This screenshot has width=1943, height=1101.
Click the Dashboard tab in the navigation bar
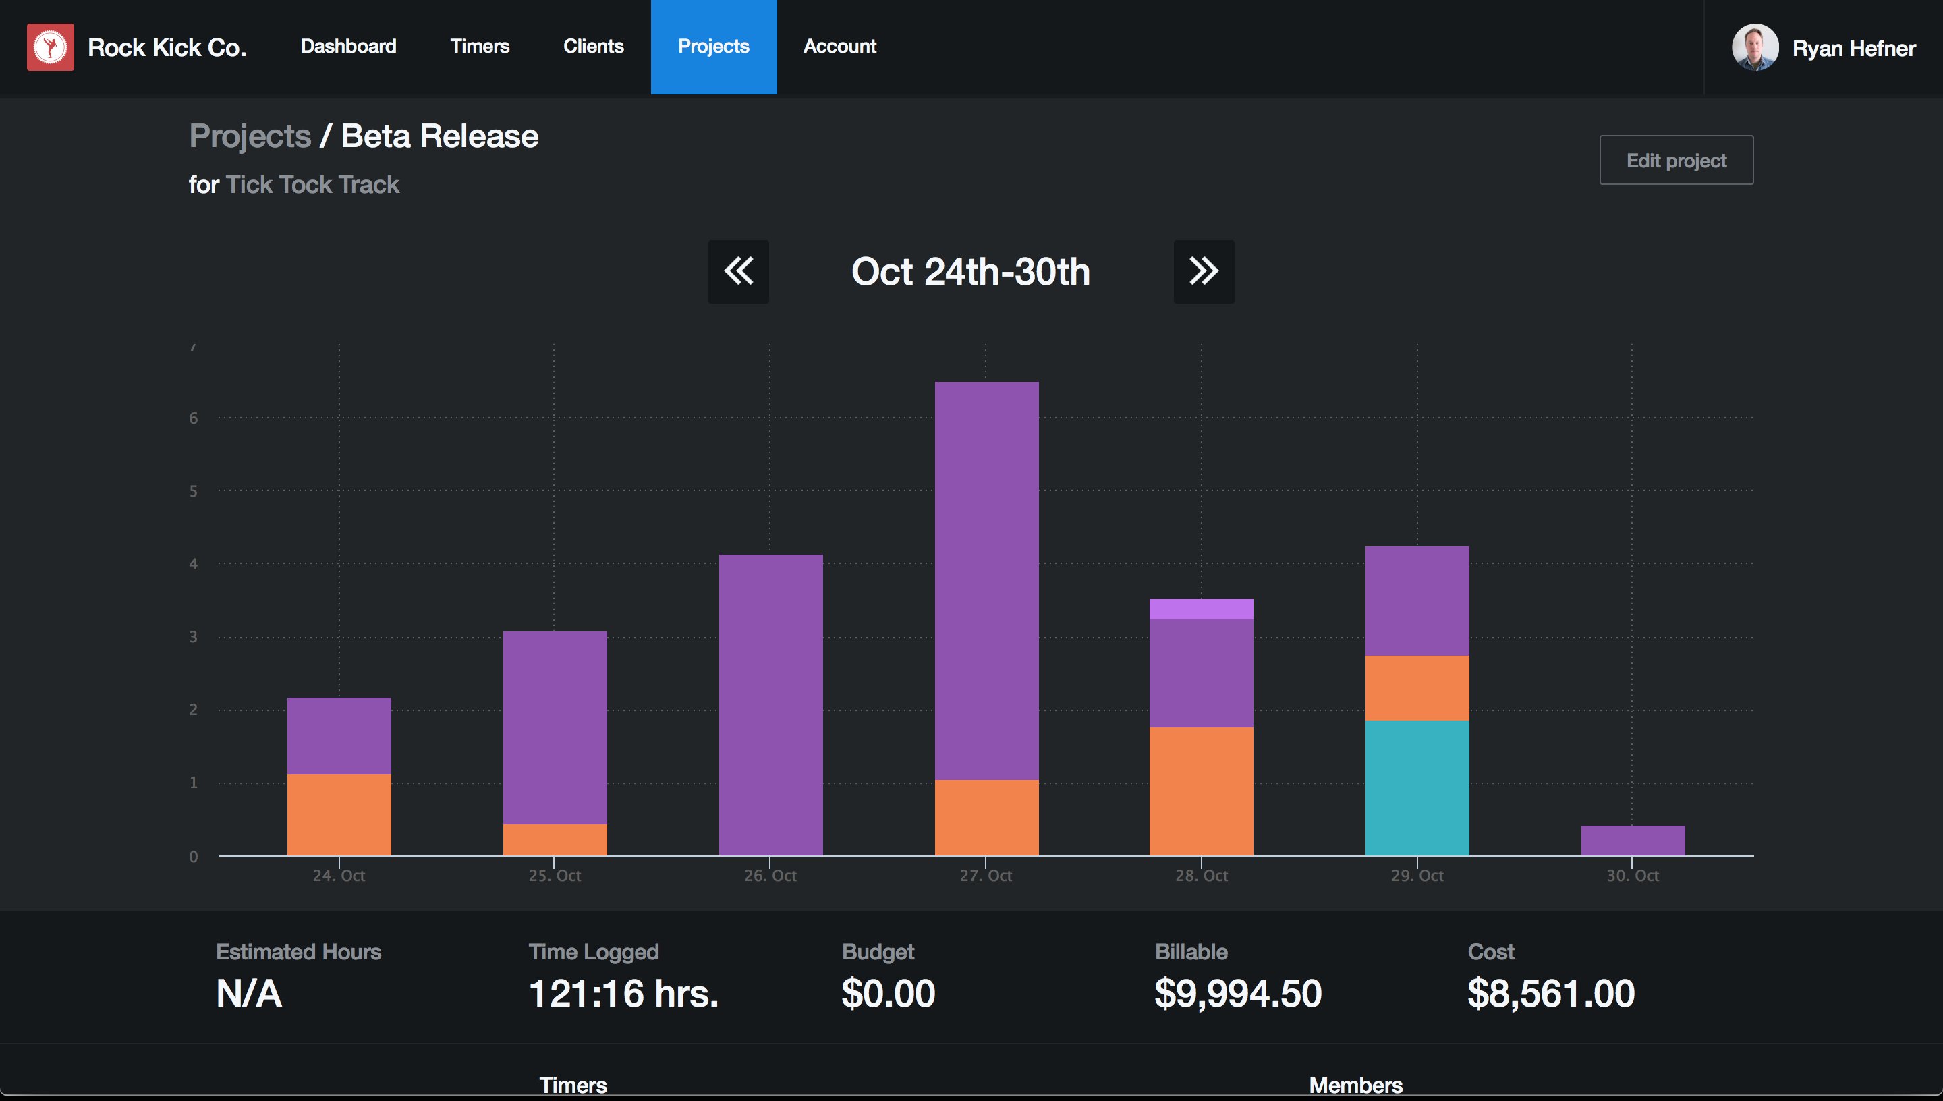coord(349,46)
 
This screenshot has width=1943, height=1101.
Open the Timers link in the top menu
coord(480,46)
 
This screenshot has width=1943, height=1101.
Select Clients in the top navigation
coord(594,46)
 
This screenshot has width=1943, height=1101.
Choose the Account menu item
coord(840,46)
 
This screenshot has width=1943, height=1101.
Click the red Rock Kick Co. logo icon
coord(51,47)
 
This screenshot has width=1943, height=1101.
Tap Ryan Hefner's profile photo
coord(1755,47)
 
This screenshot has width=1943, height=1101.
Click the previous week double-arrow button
coord(739,271)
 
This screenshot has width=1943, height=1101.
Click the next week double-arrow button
coord(1204,271)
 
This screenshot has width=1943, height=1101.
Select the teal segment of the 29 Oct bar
coord(1417,788)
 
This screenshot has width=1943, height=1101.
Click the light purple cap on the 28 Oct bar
coord(1202,609)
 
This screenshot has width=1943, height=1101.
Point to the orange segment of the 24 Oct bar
coord(339,814)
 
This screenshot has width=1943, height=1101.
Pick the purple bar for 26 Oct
coord(771,705)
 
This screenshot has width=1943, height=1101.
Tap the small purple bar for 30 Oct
coord(1633,840)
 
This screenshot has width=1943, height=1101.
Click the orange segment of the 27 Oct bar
coord(986,818)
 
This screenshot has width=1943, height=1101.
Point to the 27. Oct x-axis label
coord(986,876)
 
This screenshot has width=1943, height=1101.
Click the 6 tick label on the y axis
coord(194,418)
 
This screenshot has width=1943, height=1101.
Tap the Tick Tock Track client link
coord(312,184)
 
